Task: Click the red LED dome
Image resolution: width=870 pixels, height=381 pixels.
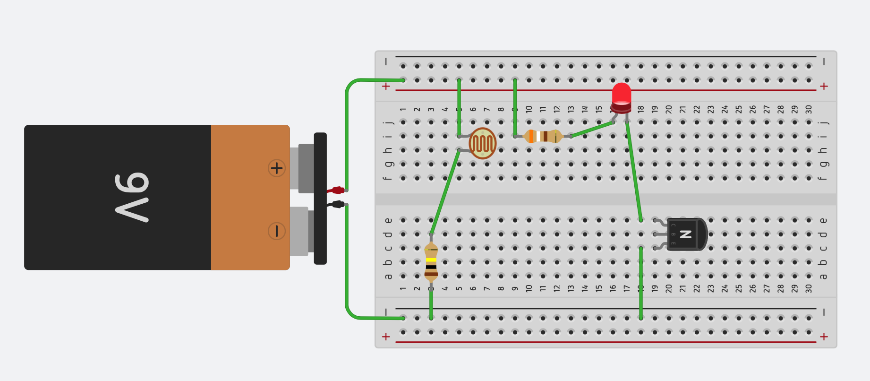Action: (x=621, y=94)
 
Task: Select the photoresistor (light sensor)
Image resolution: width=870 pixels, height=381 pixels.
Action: (x=482, y=143)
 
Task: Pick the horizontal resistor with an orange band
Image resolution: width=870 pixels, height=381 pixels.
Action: (x=543, y=136)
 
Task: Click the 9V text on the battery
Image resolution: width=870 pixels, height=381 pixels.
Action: (x=132, y=197)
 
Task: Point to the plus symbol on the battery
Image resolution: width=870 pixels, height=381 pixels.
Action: (x=277, y=168)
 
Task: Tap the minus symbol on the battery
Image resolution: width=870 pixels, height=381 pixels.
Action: (x=277, y=231)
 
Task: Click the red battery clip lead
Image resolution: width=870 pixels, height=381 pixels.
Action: (x=336, y=190)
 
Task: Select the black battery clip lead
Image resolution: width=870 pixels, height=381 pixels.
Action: (x=336, y=204)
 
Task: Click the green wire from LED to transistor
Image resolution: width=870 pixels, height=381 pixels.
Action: (x=633, y=170)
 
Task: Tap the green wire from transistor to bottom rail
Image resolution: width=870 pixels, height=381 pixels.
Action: (x=641, y=284)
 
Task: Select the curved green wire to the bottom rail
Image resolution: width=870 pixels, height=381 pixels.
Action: (x=348, y=274)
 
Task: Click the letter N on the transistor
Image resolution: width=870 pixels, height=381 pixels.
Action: (x=686, y=234)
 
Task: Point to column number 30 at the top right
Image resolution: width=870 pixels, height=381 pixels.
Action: (x=809, y=109)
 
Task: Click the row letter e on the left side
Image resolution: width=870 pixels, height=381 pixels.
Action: (x=388, y=220)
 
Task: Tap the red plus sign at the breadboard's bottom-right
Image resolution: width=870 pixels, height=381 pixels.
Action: (x=824, y=337)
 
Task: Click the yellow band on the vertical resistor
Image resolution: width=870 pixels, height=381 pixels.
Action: (x=431, y=260)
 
